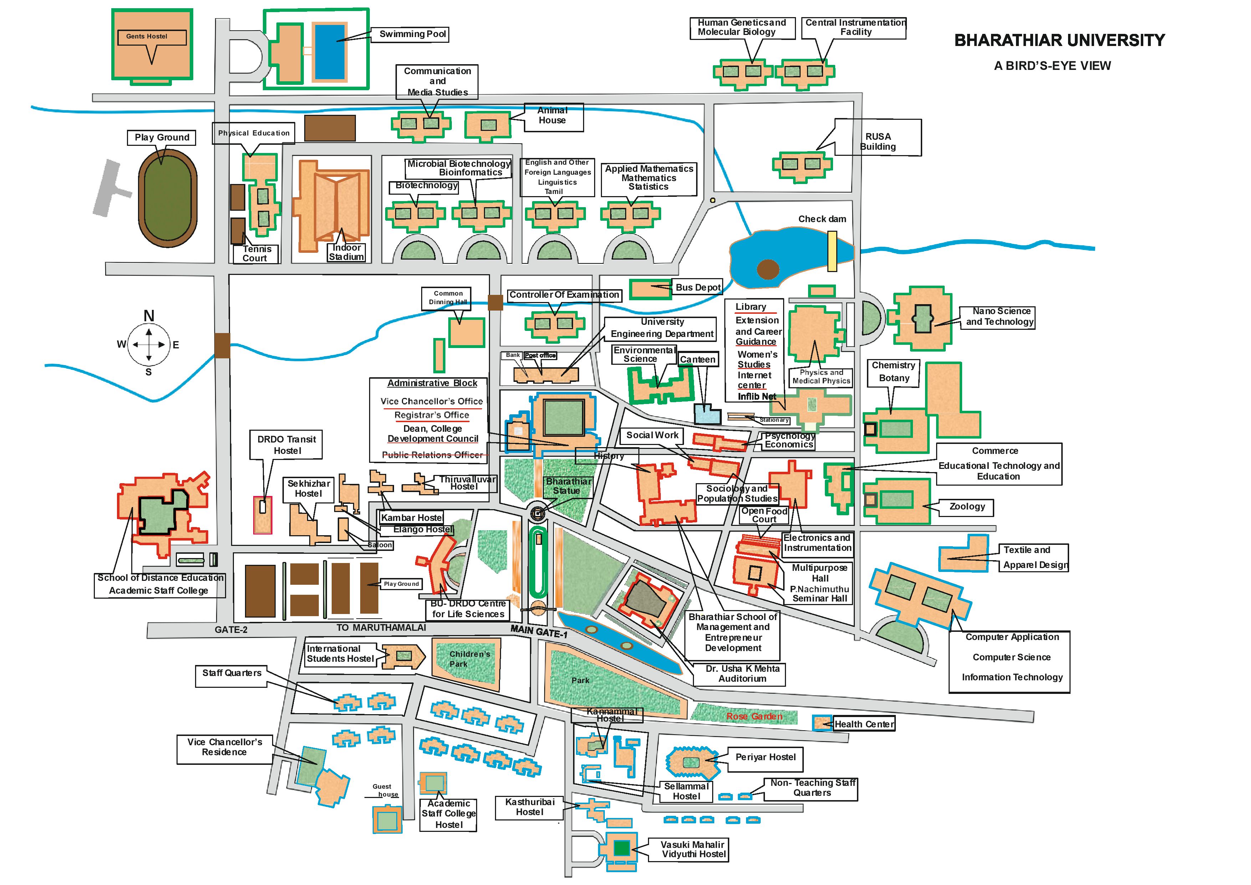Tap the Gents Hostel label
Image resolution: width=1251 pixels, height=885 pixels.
(x=147, y=36)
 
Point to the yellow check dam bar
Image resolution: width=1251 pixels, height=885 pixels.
(x=832, y=251)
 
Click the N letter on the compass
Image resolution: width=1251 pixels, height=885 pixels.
(x=149, y=316)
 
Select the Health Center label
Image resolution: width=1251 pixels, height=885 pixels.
(x=864, y=724)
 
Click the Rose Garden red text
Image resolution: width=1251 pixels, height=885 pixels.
(x=754, y=716)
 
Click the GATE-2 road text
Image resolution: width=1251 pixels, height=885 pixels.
(x=231, y=629)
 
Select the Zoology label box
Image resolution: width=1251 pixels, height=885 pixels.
(x=967, y=506)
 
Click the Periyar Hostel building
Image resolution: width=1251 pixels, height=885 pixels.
(x=692, y=761)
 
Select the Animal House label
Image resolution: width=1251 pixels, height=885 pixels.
(x=552, y=116)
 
